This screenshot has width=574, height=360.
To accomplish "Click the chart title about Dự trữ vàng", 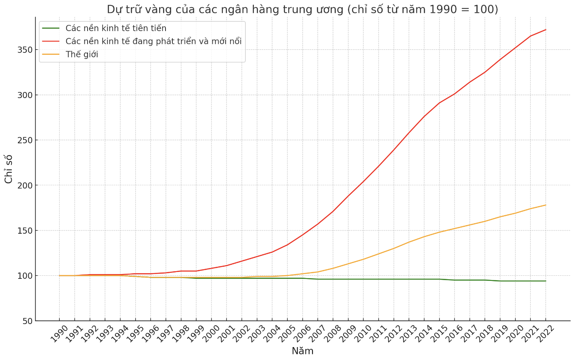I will click(x=302, y=9).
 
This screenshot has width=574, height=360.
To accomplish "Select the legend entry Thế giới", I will click(x=82, y=54).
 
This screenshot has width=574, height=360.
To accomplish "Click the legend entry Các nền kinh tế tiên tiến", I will click(x=116, y=28).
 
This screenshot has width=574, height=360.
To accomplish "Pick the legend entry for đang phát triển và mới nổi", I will click(x=153, y=41).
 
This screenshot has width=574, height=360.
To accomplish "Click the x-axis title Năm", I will click(x=302, y=351).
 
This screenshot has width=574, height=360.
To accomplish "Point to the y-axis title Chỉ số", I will click(x=9, y=169).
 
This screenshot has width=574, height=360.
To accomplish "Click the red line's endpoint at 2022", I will click(x=546, y=29).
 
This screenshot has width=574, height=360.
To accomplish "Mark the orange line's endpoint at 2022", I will click(x=546, y=205).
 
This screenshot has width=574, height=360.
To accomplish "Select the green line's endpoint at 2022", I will click(x=546, y=281).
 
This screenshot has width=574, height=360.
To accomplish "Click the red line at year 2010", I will click(x=363, y=181).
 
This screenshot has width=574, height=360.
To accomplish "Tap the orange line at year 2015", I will click(x=439, y=232).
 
